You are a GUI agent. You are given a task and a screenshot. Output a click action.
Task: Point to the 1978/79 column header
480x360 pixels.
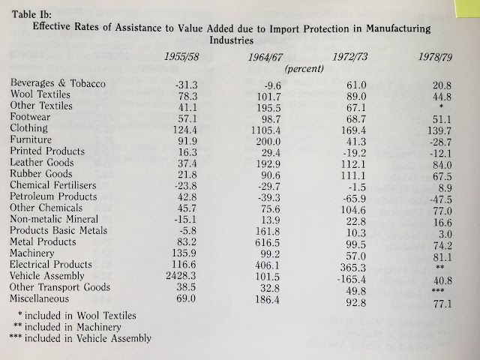pos(437,63)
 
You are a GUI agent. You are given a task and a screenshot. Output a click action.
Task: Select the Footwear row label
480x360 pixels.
pos(34,118)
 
